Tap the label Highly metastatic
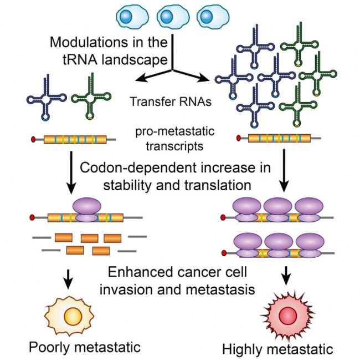coord(285,349)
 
